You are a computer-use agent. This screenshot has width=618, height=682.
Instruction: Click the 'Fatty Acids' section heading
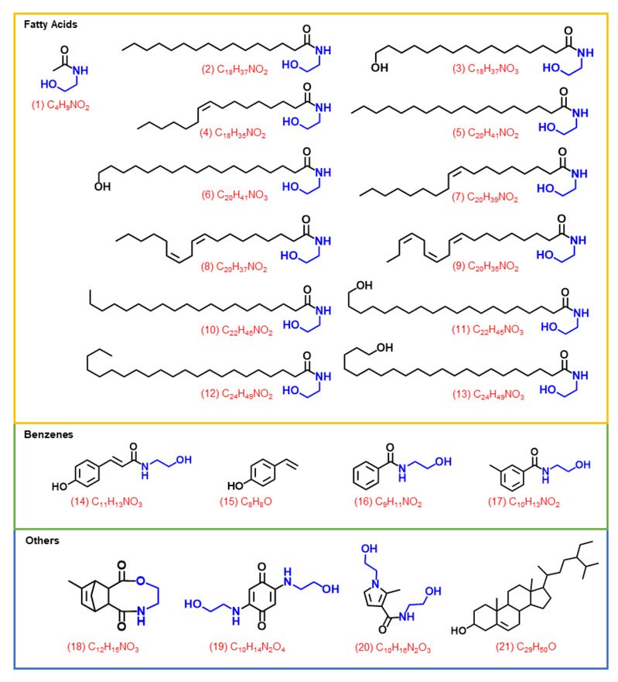point(50,24)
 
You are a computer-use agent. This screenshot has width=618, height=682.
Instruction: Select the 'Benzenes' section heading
point(48,434)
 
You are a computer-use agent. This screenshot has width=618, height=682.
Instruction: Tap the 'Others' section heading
point(43,540)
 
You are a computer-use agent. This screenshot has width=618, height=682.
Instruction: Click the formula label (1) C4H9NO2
point(60,105)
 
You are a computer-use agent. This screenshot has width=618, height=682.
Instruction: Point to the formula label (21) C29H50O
point(525,646)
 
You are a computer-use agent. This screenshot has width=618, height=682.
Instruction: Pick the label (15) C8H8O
point(245,502)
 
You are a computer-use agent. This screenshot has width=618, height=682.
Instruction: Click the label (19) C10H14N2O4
point(247,647)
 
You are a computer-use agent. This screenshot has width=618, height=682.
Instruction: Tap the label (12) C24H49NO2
point(237,394)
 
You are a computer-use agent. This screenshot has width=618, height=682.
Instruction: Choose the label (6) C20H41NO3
point(234,195)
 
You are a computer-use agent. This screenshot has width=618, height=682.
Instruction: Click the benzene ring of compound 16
point(366,475)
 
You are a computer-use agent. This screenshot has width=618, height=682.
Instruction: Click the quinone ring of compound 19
point(261,596)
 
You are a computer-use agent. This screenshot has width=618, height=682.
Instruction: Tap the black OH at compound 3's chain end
point(380,67)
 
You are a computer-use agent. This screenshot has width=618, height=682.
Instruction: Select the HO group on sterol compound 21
point(459,630)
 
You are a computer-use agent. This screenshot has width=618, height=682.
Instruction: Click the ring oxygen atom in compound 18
point(140,581)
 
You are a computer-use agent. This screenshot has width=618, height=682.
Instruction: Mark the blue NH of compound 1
point(80,70)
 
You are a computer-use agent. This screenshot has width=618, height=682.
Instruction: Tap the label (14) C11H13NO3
point(107,502)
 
